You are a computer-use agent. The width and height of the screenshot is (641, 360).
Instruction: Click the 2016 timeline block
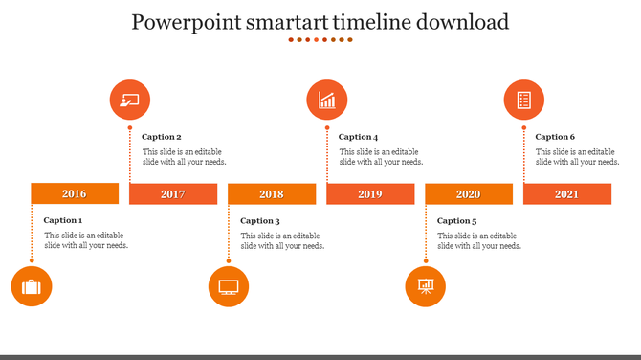75,193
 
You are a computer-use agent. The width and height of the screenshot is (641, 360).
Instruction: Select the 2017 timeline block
173,193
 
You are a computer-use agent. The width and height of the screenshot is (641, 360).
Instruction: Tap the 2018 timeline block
272,193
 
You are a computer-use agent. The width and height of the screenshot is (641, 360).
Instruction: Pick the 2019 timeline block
370,193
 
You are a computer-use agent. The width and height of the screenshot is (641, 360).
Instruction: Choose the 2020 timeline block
469,193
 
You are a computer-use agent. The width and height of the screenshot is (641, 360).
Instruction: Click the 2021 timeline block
567,193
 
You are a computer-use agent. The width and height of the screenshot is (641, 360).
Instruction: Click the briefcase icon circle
32,286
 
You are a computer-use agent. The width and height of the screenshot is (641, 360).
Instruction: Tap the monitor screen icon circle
229,286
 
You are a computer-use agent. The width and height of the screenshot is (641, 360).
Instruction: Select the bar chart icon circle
327,101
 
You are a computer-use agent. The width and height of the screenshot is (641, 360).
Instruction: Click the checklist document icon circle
523,101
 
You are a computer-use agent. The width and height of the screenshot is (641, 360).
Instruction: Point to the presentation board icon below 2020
426,286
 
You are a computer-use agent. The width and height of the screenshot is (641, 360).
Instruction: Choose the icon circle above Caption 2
130,101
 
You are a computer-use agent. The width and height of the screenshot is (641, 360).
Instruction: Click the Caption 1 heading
63,220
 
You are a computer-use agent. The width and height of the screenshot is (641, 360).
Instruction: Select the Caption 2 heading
162,137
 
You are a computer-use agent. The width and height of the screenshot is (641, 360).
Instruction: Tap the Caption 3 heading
260,221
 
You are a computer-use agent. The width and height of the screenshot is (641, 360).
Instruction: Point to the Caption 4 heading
359,137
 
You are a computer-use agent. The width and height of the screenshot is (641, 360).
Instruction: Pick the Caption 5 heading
457,221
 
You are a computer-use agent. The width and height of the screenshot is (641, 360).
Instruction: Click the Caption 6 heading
555,137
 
